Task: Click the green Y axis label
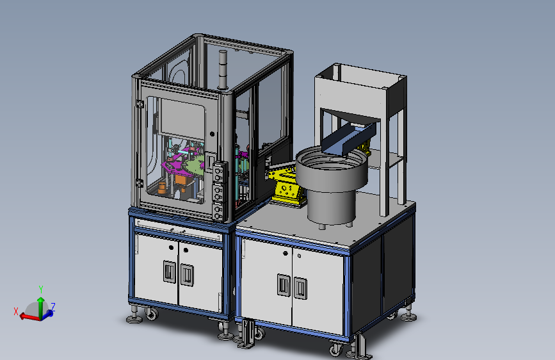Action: coord(41,290)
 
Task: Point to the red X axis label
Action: coord(16,311)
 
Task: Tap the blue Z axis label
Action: coord(53,306)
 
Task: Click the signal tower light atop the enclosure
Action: coord(223,69)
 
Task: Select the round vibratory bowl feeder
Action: coord(332,184)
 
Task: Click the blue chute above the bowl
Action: coord(349,139)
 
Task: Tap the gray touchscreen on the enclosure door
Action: coord(182,118)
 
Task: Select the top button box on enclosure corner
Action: coord(220,172)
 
